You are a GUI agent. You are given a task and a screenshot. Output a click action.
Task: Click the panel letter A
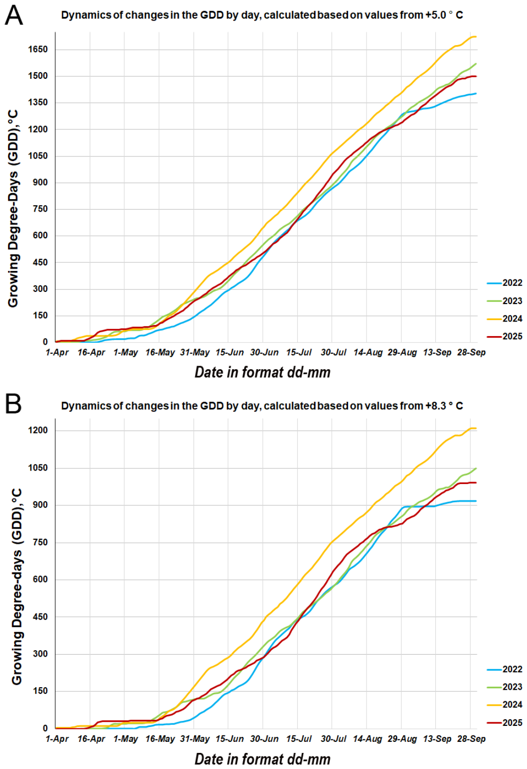(14, 16)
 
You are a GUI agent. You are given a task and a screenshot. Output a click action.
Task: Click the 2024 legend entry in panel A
(504, 319)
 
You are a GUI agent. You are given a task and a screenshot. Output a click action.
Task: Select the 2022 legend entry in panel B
(504, 669)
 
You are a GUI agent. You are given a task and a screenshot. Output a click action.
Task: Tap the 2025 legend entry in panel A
(504, 337)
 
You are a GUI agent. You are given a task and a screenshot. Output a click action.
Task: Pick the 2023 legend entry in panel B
(504, 687)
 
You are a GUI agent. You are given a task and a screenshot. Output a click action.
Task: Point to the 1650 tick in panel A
(38, 50)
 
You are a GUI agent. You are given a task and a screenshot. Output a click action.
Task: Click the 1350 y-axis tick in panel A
(38, 103)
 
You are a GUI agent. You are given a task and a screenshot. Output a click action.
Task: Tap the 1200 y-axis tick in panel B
(38, 430)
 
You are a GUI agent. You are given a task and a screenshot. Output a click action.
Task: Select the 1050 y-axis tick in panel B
(38, 468)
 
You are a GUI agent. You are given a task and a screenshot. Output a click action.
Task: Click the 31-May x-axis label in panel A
(195, 353)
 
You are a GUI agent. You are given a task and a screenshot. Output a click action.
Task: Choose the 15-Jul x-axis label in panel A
(299, 353)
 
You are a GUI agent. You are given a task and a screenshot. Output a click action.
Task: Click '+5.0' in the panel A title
(435, 15)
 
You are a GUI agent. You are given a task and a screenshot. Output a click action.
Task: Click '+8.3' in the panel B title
(435, 406)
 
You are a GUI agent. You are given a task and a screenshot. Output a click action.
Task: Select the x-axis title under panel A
(262, 373)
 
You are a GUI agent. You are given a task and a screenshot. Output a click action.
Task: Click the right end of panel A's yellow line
(476, 37)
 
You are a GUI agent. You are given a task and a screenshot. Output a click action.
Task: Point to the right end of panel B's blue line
(476, 501)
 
